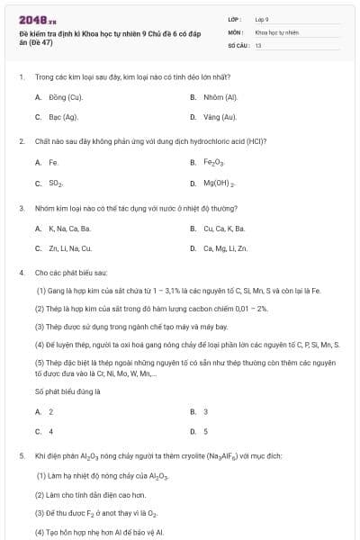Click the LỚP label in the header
(x=237, y=18)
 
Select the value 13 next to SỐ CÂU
(x=258, y=43)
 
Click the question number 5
(x=21, y=456)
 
